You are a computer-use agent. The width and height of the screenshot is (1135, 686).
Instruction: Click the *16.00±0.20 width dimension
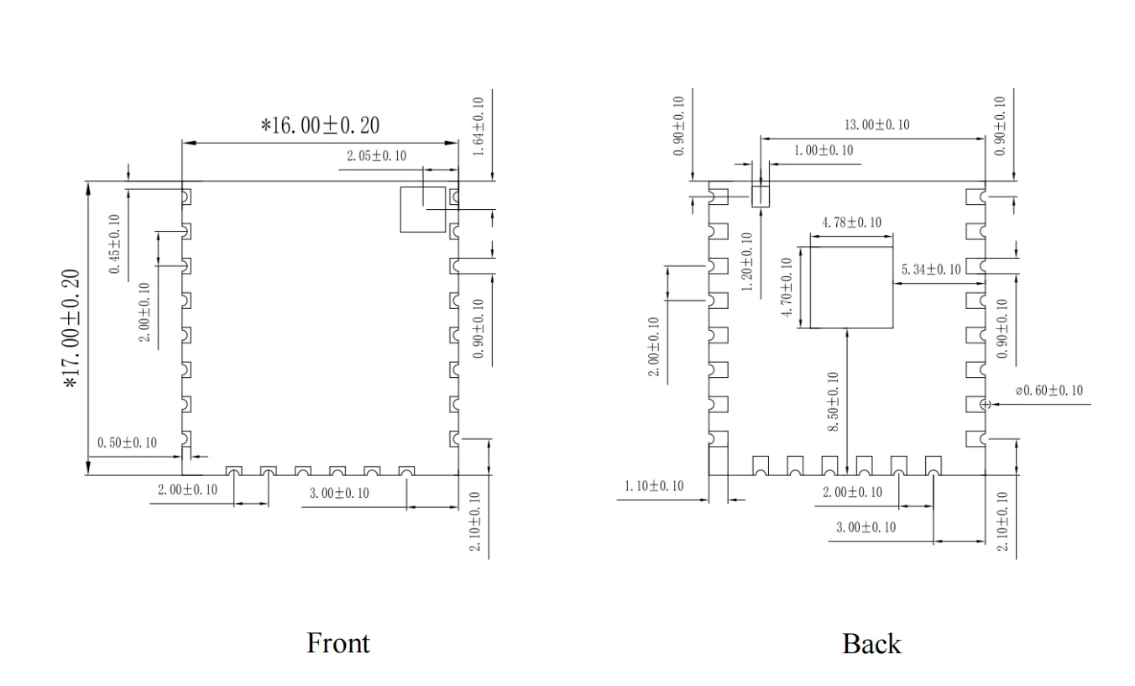coord(320,126)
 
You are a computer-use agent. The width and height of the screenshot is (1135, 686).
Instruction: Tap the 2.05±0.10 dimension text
coord(376,156)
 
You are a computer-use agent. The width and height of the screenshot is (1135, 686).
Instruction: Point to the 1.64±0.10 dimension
coord(478,127)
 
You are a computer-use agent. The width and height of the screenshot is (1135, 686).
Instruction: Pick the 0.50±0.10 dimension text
coord(128,442)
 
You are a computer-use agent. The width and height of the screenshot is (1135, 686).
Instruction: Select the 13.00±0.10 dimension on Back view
coord(876,125)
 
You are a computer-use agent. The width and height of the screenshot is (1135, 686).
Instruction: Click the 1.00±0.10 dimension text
coord(823,150)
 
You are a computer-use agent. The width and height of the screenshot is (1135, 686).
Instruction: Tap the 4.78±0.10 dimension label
coord(851,223)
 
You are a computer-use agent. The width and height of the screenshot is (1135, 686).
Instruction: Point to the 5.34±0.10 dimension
coord(930,270)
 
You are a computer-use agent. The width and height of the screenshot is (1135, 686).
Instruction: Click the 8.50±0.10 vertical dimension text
coord(833,401)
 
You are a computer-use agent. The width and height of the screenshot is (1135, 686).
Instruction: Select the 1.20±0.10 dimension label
coord(747,260)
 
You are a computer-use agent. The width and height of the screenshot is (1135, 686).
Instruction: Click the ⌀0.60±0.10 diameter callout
coord(1049,390)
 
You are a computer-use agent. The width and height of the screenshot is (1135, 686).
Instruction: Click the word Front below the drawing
coord(338,643)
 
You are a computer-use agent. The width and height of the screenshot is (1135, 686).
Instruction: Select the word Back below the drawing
coord(871,644)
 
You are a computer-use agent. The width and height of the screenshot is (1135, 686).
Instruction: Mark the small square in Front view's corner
coord(422,209)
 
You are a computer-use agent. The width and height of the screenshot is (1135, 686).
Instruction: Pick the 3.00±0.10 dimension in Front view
coord(338,493)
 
